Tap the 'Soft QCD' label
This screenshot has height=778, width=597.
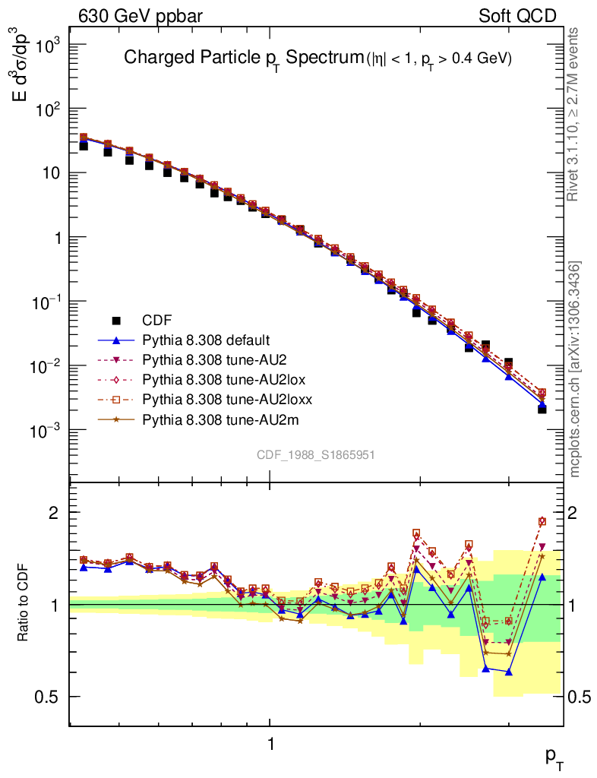[517, 15]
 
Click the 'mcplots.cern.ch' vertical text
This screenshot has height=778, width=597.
[575, 369]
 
